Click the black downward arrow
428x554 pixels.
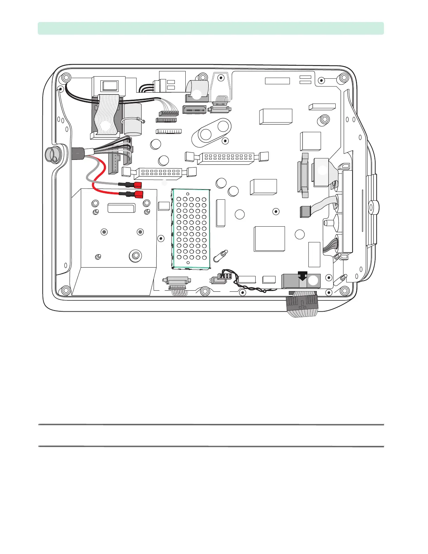302,276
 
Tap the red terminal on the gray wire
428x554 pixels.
137,185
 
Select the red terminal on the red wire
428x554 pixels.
139,194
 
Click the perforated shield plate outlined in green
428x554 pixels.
191,229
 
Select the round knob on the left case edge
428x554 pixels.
52,154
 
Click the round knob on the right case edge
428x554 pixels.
373,207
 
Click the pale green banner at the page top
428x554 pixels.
211,28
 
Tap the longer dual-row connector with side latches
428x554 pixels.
226,158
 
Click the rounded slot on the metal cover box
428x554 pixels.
121,208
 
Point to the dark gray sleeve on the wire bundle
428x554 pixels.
78,153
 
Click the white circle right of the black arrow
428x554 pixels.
313,280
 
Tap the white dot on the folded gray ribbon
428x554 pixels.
197,94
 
